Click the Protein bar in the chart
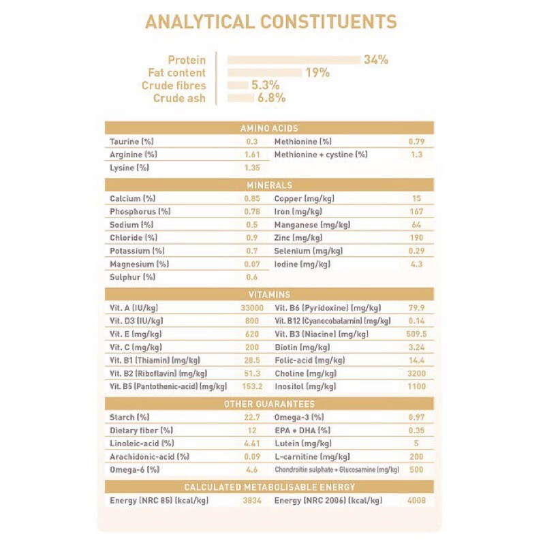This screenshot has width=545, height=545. [x=294, y=60]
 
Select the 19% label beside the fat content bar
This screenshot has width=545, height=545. [x=317, y=73]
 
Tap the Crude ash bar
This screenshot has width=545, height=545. [x=240, y=98]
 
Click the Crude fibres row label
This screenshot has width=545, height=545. [x=173, y=86]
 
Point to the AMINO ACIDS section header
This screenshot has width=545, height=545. [x=269, y=128]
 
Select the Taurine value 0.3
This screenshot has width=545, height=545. [x=252, y=142]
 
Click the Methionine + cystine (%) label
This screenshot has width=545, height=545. [x=320, y=155]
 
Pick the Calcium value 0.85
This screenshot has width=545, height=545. [x=252, y=199]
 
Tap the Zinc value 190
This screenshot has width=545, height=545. [x=416, y=238]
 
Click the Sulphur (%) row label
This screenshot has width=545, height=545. [x=132, y=277]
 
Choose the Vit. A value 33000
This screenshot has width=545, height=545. [x=249, y=308]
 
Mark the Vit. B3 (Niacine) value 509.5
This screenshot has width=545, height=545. [x=415, y=334]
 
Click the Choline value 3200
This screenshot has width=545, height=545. [x=416, y=374]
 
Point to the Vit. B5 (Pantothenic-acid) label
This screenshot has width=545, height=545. [x=168, y=387]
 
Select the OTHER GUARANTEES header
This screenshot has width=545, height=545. [x=269, y=404]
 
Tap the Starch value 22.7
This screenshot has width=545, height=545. [x=252, y=418]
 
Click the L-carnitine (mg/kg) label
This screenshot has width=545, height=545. [x=312, y=457]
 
